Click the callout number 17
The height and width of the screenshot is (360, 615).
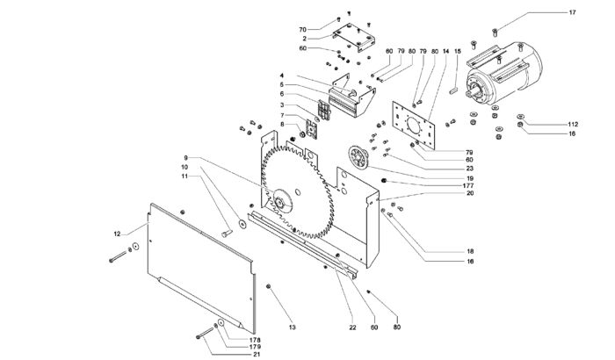coord(572,12)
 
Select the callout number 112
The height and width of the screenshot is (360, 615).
coord(573,125)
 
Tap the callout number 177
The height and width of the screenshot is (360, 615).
coord(468,185)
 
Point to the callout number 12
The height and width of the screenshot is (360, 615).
coord(117,234)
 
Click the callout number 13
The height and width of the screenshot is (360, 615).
coord(293,327)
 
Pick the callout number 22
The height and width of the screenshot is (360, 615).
coord(352,328)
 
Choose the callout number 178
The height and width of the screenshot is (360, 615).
coord(255,340)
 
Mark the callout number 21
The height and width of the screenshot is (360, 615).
coord(257,355)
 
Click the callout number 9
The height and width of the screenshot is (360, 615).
coord(186,158)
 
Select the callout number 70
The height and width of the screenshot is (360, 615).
coord(302,30)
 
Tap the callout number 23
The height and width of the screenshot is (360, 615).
coord(470,169)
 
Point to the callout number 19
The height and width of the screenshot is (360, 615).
coord(470,179)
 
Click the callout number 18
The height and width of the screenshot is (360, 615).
coord(470,251)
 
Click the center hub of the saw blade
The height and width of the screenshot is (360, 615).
coord(281,202)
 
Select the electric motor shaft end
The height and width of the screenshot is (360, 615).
coord(470,94)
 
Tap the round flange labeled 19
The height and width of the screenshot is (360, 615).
coord(358,157)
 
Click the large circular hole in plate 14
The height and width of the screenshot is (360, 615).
coord(414,126)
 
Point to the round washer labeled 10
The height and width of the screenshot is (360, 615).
coord(242,224)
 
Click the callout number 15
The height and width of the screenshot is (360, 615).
coord(458,52)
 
